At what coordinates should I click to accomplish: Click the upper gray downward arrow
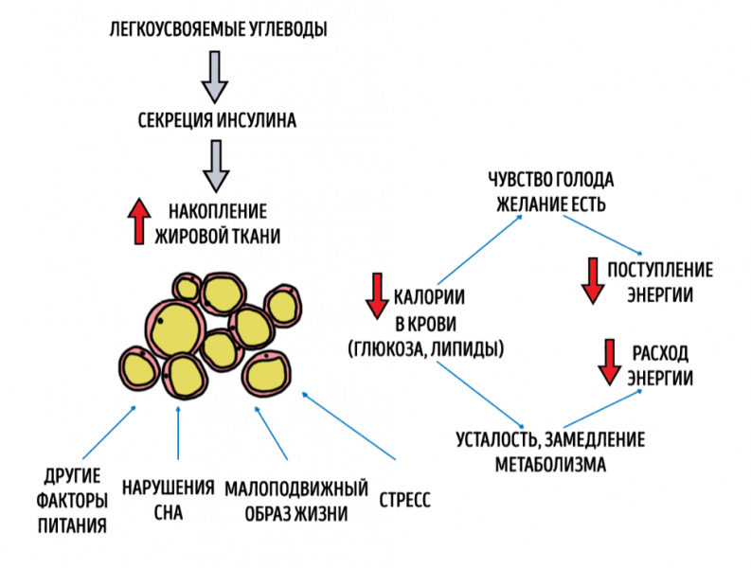click(215, 76)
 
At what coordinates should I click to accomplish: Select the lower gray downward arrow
click(216, 165)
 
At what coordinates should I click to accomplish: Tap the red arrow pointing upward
click(139, 222)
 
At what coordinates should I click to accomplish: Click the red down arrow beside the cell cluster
click(377, 295)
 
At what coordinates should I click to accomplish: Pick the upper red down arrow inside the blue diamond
click(593, 279)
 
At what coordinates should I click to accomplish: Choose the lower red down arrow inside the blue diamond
click(609, 362)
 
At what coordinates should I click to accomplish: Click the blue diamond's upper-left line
click(479, 250)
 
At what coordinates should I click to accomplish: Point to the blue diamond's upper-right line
click(603, 235)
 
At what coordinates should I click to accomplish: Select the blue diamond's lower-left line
click(479, 394)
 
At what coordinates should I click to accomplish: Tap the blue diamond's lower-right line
click(603, 409)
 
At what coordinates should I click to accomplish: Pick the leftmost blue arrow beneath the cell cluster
click(110, 433)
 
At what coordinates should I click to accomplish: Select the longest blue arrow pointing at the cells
click(349, 425)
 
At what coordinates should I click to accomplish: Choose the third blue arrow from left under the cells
click(271, 433)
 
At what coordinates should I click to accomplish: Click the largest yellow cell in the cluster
click(176, 328)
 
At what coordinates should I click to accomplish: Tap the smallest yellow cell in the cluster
click(187, 287)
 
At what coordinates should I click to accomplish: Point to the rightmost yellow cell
click(282, 306)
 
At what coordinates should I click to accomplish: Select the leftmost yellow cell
click(138, 368)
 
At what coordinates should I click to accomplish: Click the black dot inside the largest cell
click(161, 320)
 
